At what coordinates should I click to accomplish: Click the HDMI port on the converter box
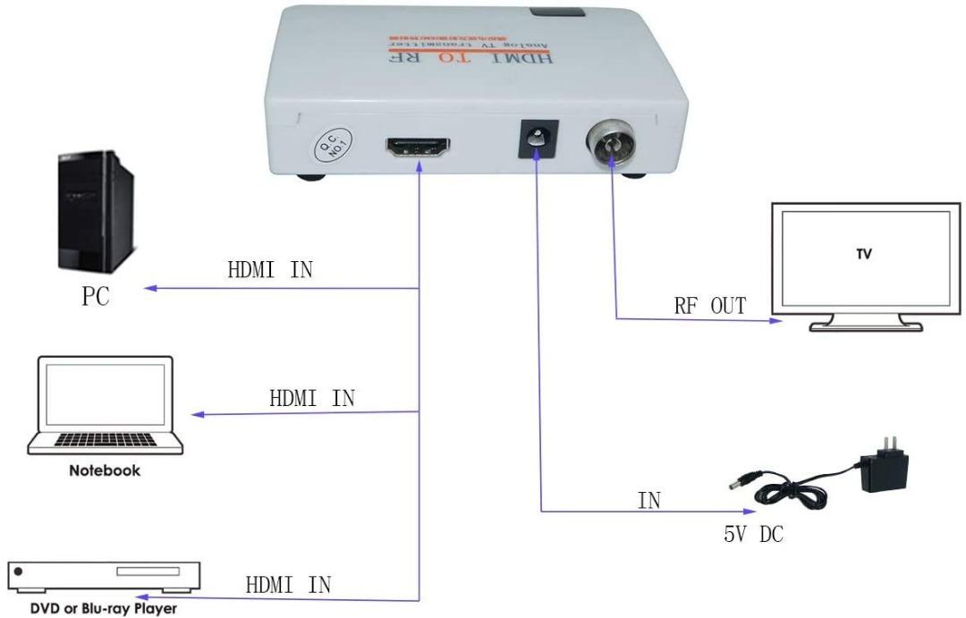[417, 149]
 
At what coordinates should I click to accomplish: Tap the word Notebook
[105, 470]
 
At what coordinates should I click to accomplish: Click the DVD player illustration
[104, 576]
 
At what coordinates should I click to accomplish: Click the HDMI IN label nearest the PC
[270, 270]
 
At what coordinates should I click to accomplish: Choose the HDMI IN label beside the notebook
[312, 398]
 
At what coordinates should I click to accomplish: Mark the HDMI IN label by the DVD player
[288, 586]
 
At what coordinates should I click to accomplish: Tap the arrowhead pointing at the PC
[153, 288]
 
